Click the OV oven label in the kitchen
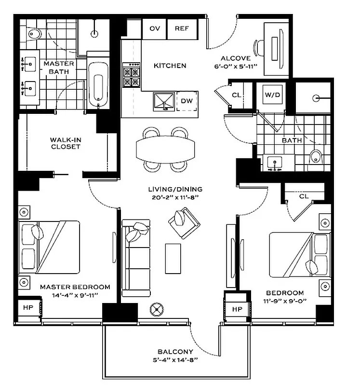[155, 28]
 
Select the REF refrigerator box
[182, 28]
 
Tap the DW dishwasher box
[187, 101]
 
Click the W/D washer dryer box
[271, 95]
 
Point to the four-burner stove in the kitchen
[132, 76]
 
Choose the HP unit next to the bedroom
[237, 308]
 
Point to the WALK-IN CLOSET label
[65, 143]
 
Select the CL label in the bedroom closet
[303, 196]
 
